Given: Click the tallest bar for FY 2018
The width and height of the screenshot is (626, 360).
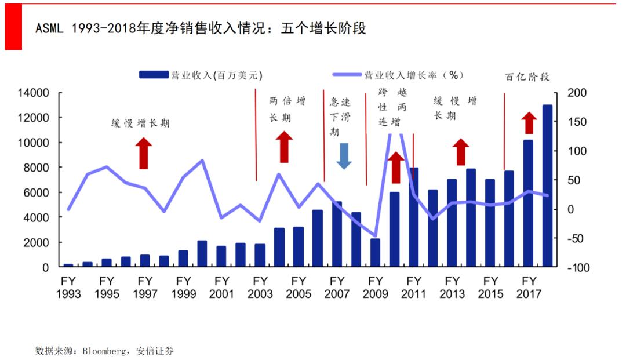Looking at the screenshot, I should coord(547,186).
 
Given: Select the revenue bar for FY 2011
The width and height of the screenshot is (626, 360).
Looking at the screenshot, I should coord(413,217).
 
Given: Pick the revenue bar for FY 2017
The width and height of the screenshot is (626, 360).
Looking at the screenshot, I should coord(528,203).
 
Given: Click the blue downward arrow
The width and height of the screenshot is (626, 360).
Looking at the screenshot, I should coord(344,155).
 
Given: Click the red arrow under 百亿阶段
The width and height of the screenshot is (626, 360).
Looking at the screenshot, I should coord(529,123).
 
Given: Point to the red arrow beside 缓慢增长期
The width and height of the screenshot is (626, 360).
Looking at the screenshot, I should coord(144,154).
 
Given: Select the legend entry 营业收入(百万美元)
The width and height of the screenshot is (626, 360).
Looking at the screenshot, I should coord(201,75).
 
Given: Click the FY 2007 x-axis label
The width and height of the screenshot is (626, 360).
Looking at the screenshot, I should coord(337,288).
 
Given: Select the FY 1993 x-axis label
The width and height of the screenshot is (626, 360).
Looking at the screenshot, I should coord(68,288).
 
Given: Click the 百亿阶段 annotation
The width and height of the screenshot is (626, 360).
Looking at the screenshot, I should coord(527,77).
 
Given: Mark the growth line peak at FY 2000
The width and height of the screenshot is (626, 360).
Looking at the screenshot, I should coord(202,160).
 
